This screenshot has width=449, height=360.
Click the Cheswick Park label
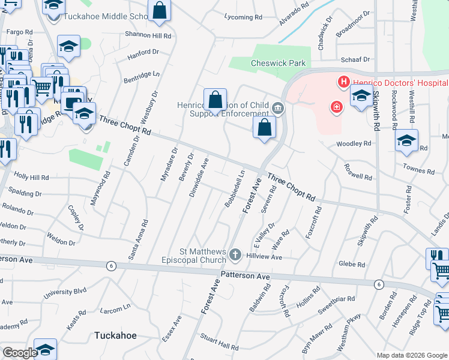279,63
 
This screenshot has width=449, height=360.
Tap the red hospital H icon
343,82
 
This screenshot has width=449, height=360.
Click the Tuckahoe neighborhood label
115,335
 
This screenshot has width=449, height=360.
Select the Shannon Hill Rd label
148,36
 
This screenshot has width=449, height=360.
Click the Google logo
19,353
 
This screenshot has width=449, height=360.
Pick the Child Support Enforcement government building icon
278,108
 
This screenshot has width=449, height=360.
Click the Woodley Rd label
354,144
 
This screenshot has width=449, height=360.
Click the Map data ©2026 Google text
412,355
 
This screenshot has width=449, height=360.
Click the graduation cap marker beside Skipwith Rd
361,95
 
